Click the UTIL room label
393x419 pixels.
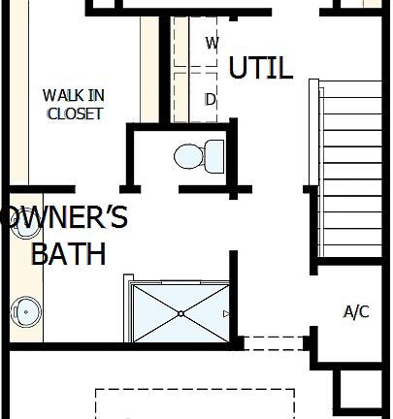tap(260, 68)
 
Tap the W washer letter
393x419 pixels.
tap(213, 43)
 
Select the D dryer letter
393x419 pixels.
tap(211, 99)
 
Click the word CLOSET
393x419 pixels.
tap(74, 113)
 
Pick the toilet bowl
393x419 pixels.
tap(188, 155)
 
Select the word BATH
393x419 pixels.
tap(68, 254)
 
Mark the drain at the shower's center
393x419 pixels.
tap(180, 313)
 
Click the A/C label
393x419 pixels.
tap(356, 312)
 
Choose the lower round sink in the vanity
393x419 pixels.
tap(25, 311)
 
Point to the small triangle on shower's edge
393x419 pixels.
tap(226, 313)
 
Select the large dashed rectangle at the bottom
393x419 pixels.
tap(194, 403)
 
